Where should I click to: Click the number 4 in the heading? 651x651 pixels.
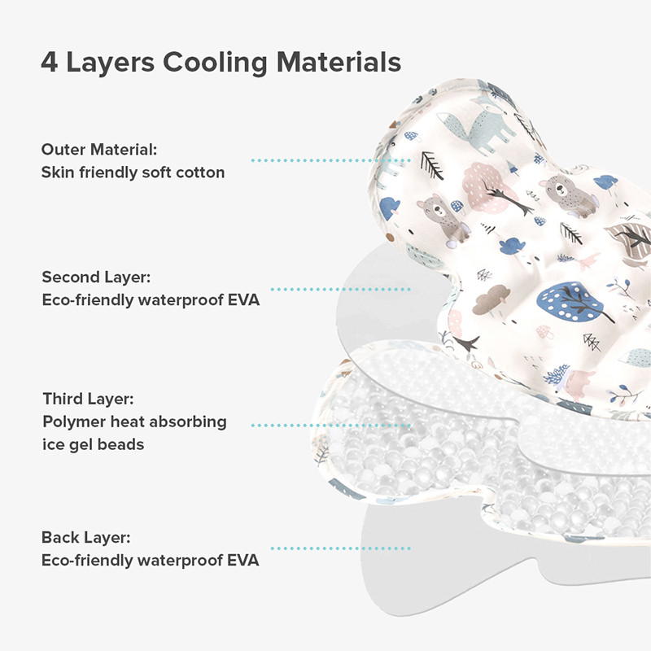[x=49, y=63]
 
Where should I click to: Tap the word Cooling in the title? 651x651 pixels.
[x=215, y=63]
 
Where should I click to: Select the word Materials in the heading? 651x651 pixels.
[x=339, y=63]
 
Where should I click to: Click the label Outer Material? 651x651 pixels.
[x=99, y=150]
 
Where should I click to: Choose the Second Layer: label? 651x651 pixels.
[x=96, y=277]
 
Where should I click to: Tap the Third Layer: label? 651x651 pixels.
[x=89, y=399]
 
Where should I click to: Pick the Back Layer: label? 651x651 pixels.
[x=86, y=538]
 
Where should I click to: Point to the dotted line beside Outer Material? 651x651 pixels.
[x=331, y=160]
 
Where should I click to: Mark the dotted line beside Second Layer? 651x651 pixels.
[x=340, y=290]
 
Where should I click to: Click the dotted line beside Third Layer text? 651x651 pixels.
[x=331, y=425]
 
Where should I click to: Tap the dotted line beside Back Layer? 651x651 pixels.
[x=340, y=548]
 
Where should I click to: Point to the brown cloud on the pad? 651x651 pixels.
[x=492, y=299]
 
